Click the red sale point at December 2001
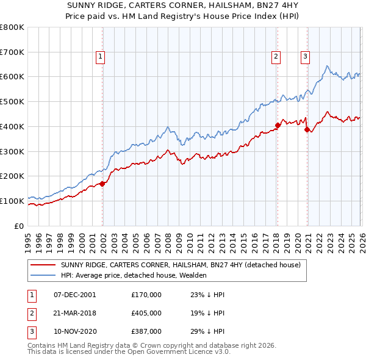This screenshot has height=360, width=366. click(x=102, y=183)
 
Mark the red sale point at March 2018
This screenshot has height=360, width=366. click(x=278, y=125)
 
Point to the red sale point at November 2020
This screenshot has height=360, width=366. click(x=307, y=129)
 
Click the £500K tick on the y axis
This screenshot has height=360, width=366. click(x=12, y=102)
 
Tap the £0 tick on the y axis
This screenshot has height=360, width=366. click(x=20, y=226)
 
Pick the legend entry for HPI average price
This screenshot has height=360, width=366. click(x=134, y=275)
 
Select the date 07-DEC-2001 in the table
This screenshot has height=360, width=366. click(x=75, y=295)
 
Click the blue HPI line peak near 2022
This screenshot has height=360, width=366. click(x=328, y=66)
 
